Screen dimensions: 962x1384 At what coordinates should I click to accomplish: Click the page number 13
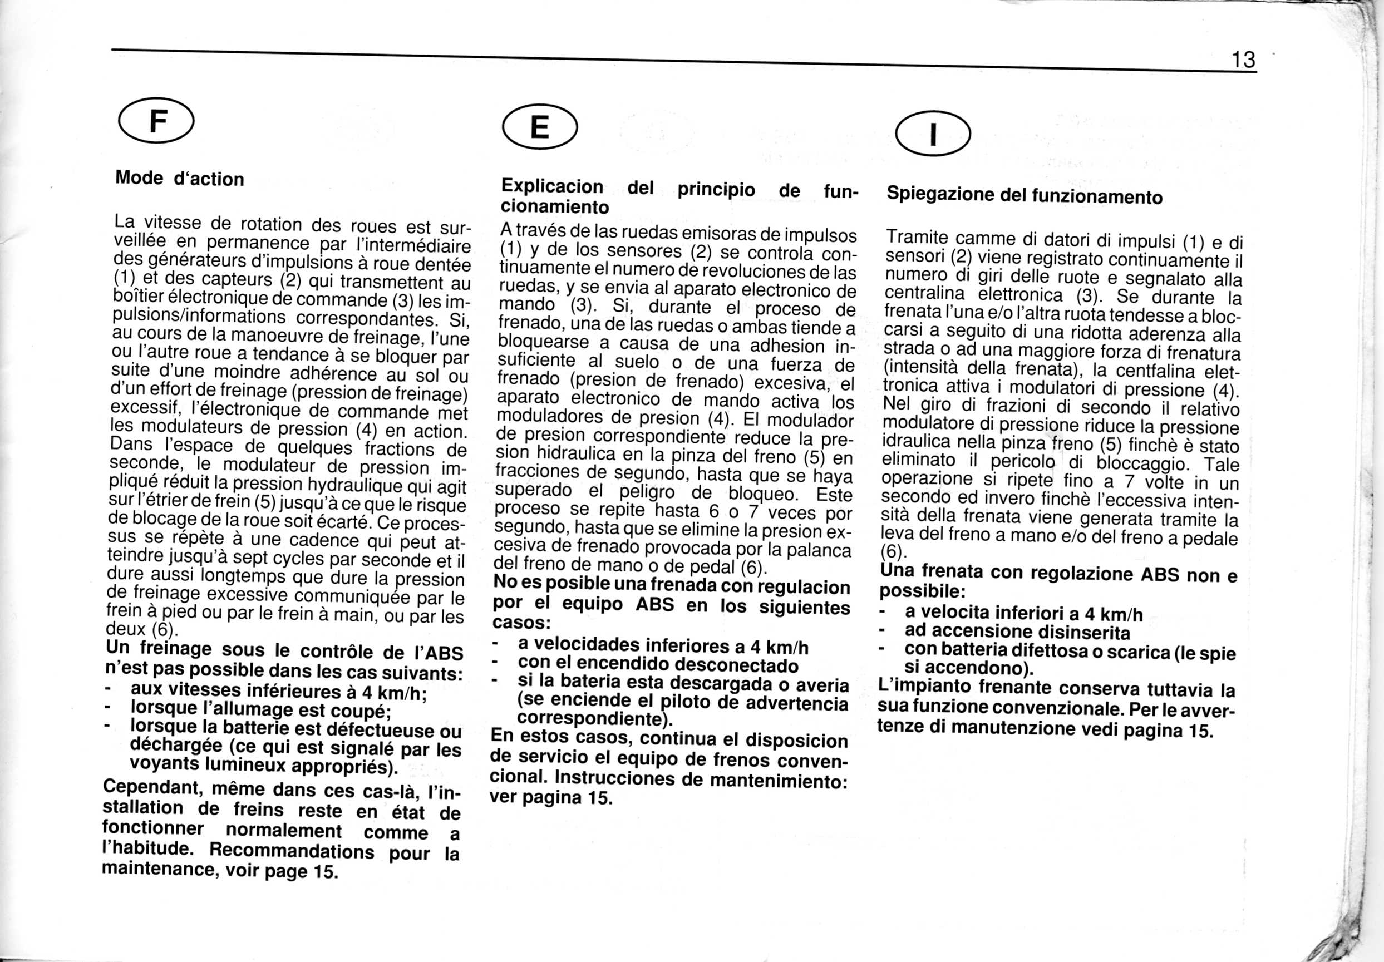point(1243,60)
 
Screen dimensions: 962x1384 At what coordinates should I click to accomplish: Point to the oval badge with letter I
point(933,135)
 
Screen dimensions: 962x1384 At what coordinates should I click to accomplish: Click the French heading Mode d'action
point(180,179)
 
